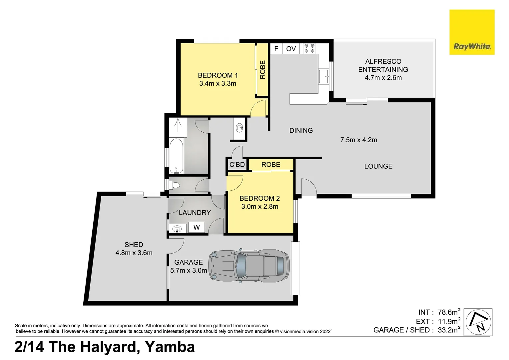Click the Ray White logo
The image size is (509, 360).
[x=472, y=32]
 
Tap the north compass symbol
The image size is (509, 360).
[x=478, y=322]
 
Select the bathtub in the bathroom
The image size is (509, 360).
[x=176, y=156]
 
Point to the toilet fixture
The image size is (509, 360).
[x=175, y=185]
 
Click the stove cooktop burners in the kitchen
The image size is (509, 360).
[x=309, y=48]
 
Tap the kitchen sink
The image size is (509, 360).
[x=323, y=76]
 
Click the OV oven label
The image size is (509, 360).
[x=291, y=49]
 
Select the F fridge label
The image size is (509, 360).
[x=276, y=49]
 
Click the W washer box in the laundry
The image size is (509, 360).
[x=197, y=227]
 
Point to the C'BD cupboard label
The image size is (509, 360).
[x=237, y=165]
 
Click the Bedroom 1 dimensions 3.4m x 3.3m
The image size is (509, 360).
[x=218, y=84]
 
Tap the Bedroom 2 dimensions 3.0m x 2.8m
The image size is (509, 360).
[x=259, y=207]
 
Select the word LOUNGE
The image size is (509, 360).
[x=378, y=166]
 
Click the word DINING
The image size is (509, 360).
[x=301, y=131]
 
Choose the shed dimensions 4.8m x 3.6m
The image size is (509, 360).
[x=134, y=253]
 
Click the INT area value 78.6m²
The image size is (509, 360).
[x=449, y=312]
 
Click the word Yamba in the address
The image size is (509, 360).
[x=170, y=347]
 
